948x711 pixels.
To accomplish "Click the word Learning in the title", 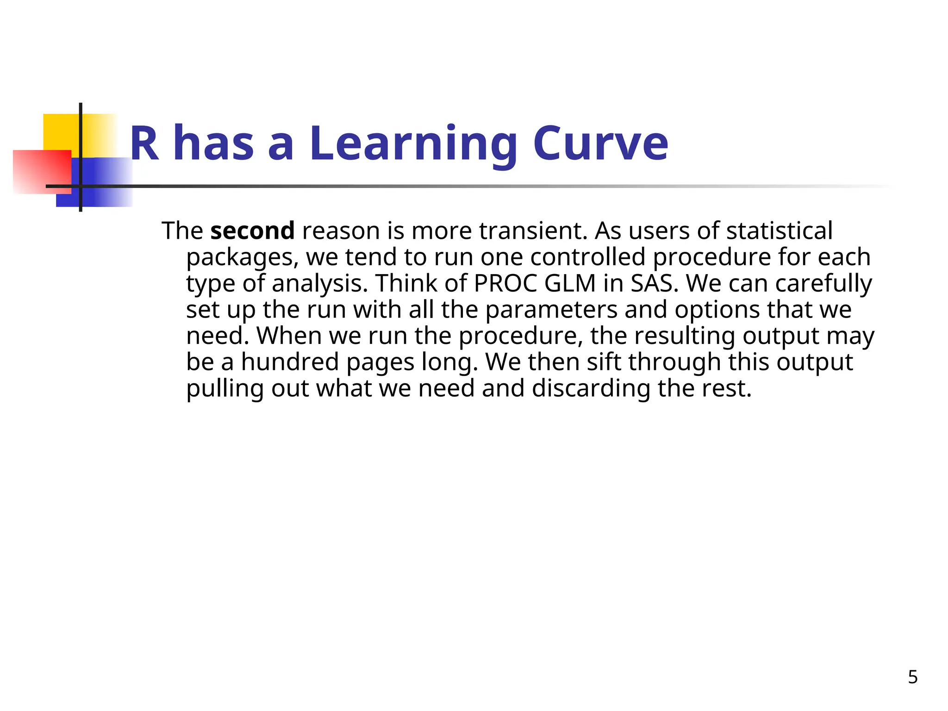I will click(x=413, y=144).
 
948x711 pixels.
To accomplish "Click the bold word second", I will click(x=252, y=231).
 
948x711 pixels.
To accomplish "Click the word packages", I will click(x=242, y=257).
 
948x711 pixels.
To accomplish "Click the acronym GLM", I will click(x=570, y=283).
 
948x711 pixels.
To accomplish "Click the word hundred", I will click(x=290, y=362).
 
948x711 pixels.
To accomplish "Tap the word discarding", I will click(x=591, y=388).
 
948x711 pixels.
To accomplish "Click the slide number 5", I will click(x=912, y=677).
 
